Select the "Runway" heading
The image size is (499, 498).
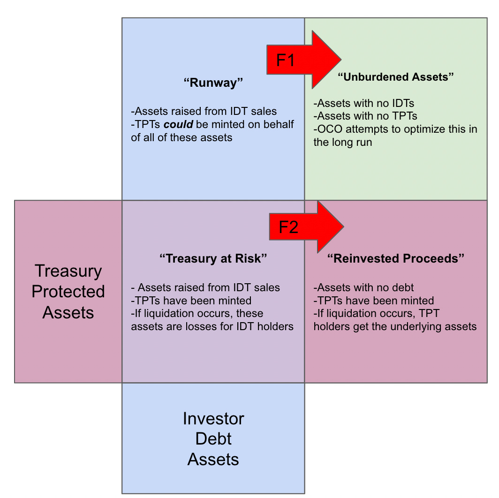point(213,83)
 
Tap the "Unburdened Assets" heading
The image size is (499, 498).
point(396,77)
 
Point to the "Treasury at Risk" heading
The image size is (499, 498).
point(213,258)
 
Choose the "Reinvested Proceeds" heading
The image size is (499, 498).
point(396,258)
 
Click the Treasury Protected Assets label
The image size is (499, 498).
point(68,291)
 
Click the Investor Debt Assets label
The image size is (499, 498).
point(213,438)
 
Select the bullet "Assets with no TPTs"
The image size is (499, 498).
point(365,116)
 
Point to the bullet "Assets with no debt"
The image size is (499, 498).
point(364,287)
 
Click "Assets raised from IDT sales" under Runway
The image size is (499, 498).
point(204,111)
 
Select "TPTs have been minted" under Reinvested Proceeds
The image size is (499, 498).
point(374,301)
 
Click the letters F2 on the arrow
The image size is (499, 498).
point(288,227)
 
